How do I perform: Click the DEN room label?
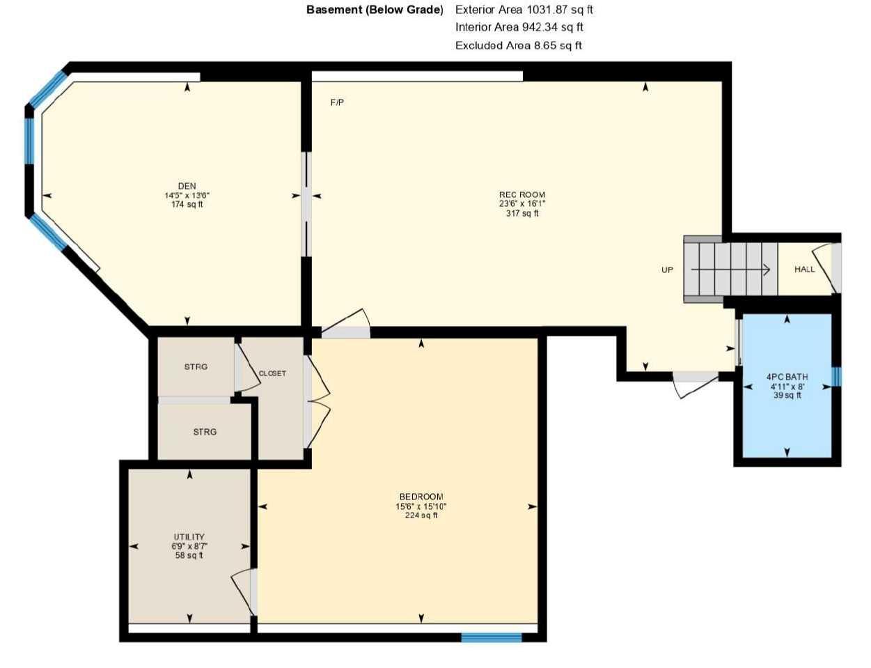187,186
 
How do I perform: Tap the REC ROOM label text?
521,195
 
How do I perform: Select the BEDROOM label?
421,497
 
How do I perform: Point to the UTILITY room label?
189,537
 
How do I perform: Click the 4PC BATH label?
787,377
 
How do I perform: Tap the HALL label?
804,269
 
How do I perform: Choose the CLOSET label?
272,373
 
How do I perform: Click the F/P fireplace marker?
337,102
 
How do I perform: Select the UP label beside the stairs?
667,270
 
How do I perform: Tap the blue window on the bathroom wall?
836,376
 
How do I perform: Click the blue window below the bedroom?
491,637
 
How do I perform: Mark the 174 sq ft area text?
187,205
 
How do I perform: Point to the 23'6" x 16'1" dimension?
521,204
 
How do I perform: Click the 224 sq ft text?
421,515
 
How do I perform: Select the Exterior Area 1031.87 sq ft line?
524,10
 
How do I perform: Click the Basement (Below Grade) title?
375,10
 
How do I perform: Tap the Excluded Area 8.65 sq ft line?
518,45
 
